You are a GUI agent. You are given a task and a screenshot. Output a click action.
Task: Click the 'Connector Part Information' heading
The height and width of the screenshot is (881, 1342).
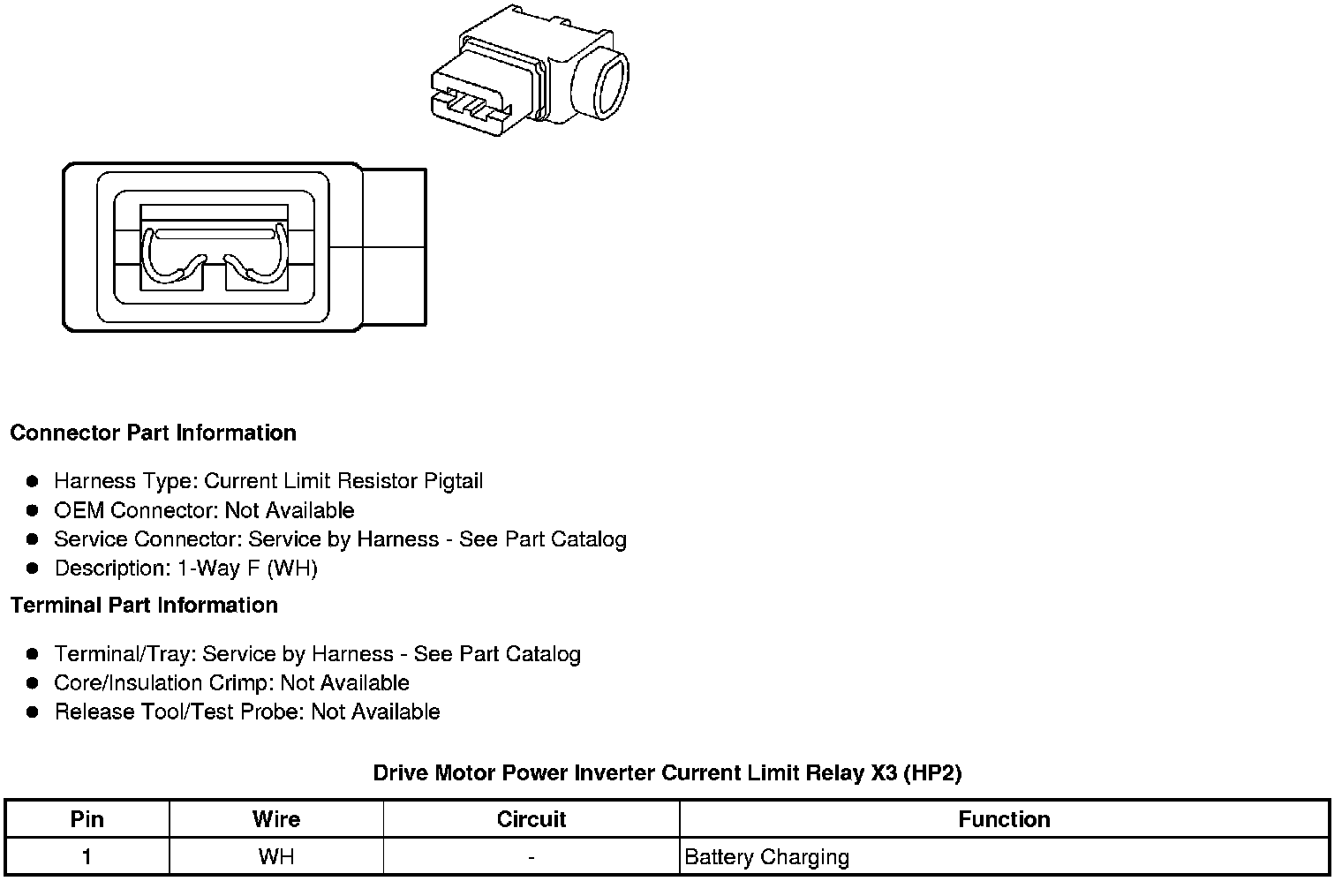point(153,433)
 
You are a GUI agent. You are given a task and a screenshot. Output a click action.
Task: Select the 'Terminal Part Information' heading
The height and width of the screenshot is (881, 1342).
point(144,605)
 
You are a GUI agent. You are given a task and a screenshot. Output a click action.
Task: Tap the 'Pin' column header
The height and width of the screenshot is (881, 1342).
point(87,819)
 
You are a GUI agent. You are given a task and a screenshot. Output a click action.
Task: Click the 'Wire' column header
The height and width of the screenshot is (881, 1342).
point(275,819)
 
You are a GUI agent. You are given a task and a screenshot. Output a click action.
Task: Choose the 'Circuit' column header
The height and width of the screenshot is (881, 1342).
point(531,819)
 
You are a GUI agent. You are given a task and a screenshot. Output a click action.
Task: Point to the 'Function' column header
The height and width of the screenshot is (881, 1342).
point(1004,819)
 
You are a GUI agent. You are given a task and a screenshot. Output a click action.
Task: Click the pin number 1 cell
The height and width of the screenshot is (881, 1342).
point(87,856)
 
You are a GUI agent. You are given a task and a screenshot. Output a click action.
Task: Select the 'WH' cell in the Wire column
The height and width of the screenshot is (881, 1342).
point(275,856)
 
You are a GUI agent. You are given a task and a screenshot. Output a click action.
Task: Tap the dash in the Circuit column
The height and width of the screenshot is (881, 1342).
point(531,856)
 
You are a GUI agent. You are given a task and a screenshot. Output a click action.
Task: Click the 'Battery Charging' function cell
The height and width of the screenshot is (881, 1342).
point(766,856)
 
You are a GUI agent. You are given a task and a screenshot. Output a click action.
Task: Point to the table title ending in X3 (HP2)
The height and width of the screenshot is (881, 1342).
point(667,773)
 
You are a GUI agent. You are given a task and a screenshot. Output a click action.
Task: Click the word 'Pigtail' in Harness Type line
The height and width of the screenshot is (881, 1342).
point(453,481)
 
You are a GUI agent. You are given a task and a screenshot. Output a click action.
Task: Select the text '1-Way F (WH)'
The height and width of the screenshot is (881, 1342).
point(247,568)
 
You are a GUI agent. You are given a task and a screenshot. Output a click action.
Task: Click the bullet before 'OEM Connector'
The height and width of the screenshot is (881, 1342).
point(33,510)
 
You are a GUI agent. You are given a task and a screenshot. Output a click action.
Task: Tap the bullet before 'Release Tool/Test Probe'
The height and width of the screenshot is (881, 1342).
point(33,712)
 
